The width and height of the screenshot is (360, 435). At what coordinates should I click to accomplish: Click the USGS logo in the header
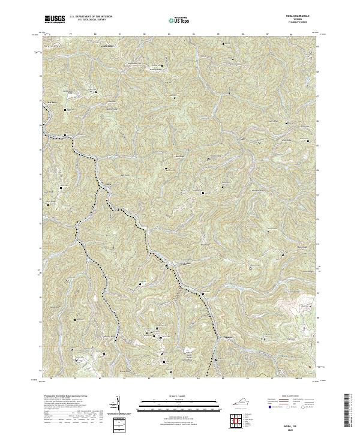(55, 19)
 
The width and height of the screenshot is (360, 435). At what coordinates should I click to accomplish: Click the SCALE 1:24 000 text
(175, 397)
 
